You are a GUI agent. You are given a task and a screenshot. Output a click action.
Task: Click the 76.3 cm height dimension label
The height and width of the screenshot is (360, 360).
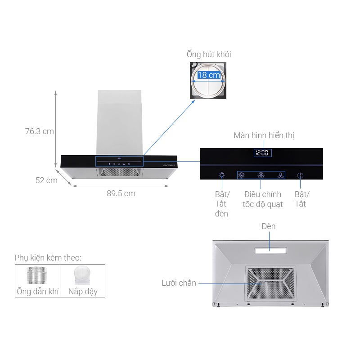pyautogui.click(x=39, y=131)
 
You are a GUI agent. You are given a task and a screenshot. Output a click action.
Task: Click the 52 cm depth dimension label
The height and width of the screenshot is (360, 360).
pyautogui.click(x=47, y=180)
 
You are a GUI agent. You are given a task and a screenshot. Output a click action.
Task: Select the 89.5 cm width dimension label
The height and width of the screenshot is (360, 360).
pyautogui.click(x=121, y=193)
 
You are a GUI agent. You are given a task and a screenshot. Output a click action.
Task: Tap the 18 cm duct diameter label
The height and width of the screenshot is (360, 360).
pyautogui.click(x=209, y=75)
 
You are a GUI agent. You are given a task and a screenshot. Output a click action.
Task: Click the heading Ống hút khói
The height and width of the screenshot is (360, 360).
pyautogui.click(x=209, y=54)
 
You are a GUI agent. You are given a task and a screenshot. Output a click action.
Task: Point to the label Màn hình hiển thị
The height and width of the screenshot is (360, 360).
pyautogui.click(x=264, y=135)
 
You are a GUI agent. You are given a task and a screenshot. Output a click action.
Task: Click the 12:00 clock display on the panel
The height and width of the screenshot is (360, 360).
pyautogui.click(x=262, y=153)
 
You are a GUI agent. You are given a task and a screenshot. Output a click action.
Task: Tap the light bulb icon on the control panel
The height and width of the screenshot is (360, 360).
pyautogui.click(x=221, y=175)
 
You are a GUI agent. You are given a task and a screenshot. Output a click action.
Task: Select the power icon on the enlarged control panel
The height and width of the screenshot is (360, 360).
pyautogui.click(x=301, y=176)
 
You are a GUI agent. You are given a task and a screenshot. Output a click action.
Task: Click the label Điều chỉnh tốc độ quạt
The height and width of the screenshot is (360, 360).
pyautogui.click(x=263, y=199)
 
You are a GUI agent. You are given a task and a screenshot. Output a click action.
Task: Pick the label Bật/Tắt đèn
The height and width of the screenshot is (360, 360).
pyautogui.click(x=222, y=204)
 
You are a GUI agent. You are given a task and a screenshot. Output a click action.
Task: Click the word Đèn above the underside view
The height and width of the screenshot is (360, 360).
pyautogui.click(x=268, y=226)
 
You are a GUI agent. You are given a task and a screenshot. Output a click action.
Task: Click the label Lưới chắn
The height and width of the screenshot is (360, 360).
pyautogui.click(x=179, y=283)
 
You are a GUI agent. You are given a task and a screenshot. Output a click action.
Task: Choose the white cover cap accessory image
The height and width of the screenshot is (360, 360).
pyautogui.click(x=83, y=275)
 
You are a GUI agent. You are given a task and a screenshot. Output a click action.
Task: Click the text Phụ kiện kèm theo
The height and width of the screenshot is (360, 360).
pyautogui.click(x=48, y=258)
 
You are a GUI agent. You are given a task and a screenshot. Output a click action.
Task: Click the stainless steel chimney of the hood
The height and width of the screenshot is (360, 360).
pyautogui.click(x=120, y=121)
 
